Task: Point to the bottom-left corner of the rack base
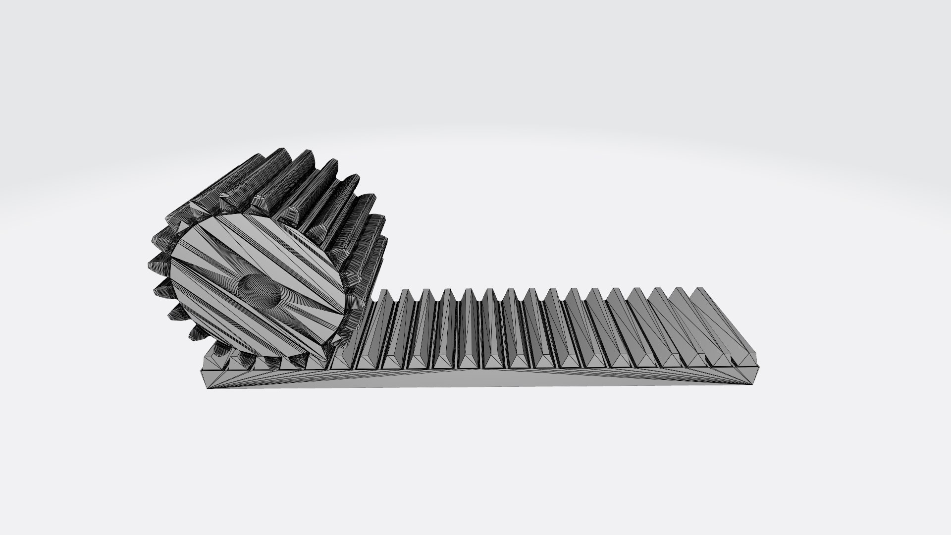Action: tap(207, 387)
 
